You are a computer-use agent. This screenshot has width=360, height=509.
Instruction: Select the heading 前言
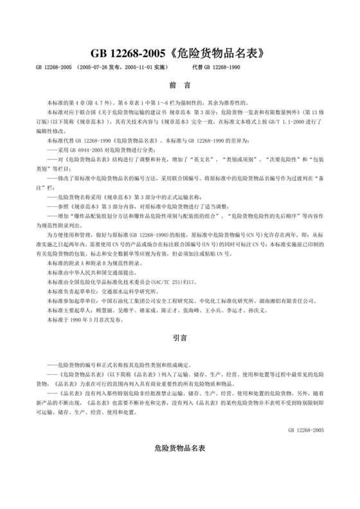tap(179, 85)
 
